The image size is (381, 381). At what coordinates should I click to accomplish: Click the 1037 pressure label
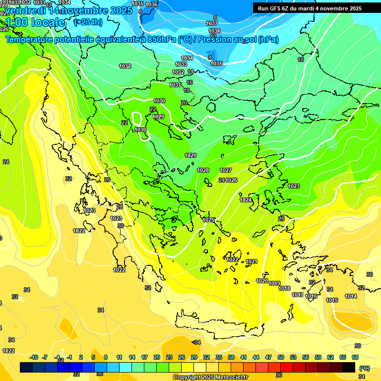pos(212,23)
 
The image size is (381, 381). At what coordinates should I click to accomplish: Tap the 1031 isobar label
pos(175,85)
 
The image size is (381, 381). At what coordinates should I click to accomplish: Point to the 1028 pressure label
pos(203,170)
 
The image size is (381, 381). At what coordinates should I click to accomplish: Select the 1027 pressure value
pos(226,170)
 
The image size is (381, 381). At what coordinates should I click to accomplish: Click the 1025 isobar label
pos(208,220)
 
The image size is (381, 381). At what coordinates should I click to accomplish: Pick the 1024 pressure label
pos(246,200)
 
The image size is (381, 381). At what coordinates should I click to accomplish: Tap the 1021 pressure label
pos(252,261)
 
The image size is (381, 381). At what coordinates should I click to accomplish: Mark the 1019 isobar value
pos(274,283)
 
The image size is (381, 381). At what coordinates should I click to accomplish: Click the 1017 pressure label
pos(297,295)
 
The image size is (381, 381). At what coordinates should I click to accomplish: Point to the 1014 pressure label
pos(351,296)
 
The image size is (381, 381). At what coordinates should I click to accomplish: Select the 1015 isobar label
pos(332,300)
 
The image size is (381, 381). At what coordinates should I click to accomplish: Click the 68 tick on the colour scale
pos(355,357)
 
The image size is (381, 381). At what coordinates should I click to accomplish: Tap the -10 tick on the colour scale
pos(34,357)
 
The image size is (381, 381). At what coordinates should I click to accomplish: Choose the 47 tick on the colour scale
pos(268,357)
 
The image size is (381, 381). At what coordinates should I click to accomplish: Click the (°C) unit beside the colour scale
pos(364,368)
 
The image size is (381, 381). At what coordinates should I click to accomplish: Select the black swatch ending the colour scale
pos(349,367)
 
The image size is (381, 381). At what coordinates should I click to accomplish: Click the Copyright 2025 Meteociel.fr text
pos(210,378)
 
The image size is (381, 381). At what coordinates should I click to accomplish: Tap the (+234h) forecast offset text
pos(88,22)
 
